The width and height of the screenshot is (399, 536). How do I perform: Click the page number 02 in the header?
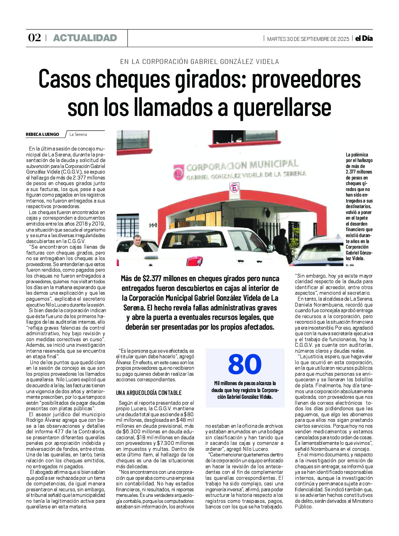pos(34,38)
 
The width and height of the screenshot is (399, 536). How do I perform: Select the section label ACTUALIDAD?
pos(85,38)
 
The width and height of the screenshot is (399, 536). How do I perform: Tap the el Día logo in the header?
pos(364,38)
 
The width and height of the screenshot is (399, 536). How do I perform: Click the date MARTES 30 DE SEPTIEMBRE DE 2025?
pos(308,39)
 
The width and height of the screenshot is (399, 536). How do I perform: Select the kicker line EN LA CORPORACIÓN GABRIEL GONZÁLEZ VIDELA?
pos(199,62)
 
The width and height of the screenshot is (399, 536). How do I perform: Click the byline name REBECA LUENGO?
pos(43,134)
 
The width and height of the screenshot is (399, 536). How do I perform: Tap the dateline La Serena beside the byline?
pos(78,134)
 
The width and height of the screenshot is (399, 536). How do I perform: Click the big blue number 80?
pos(245,364)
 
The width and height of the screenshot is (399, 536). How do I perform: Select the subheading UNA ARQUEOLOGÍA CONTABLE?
pos(149,393)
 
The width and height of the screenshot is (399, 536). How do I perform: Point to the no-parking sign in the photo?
pos(234,191)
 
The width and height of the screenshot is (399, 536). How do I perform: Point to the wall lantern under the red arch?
pos(267,212)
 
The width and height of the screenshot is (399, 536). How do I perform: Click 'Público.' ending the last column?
pos(303,507)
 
